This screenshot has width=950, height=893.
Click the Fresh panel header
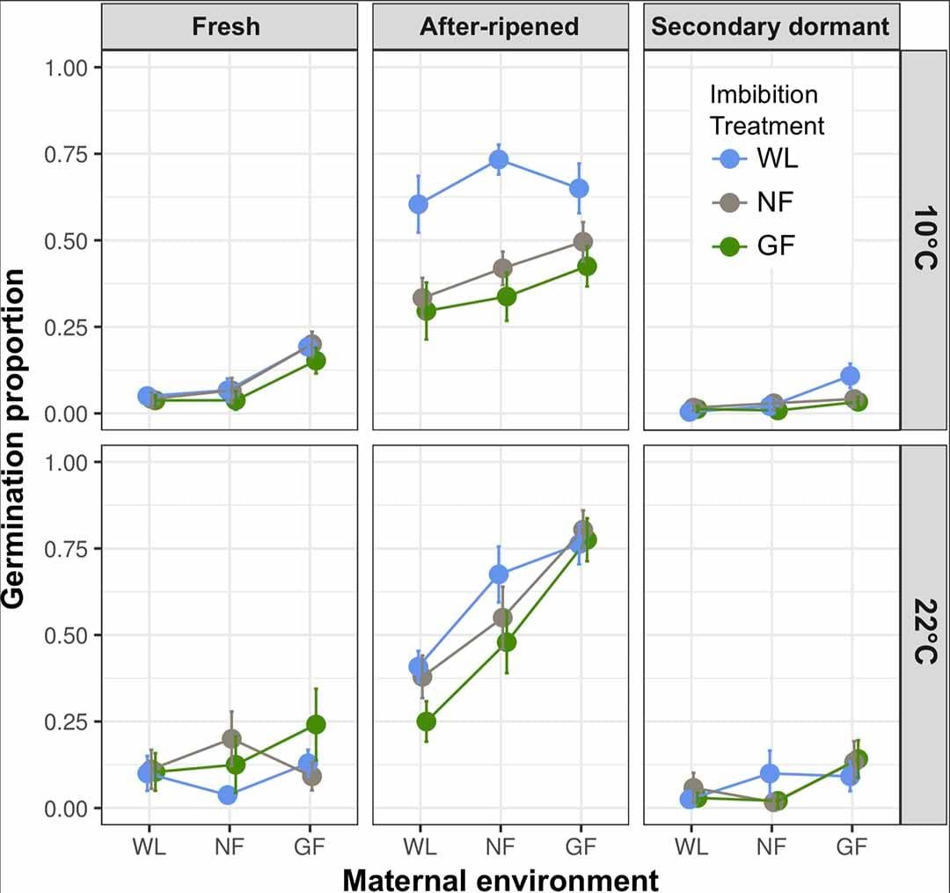click(226, 26)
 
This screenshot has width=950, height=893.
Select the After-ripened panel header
click(499, 26)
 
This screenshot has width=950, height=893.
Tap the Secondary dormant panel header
click(770, 26)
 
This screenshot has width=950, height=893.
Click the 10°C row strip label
click(924, 239)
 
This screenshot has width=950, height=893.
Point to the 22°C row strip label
click(924, 633)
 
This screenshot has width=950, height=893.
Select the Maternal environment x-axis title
click(500, 879)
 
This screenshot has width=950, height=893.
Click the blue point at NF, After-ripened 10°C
click(499, 159)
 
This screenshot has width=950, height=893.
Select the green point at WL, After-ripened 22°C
click(426, 721)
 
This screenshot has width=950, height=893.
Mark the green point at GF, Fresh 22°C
click(315, 724)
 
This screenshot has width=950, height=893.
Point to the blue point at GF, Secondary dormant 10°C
click(850, 376)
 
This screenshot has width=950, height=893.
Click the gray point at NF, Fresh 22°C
click(231, 739)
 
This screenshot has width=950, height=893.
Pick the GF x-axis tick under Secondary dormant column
click(851, 846)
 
